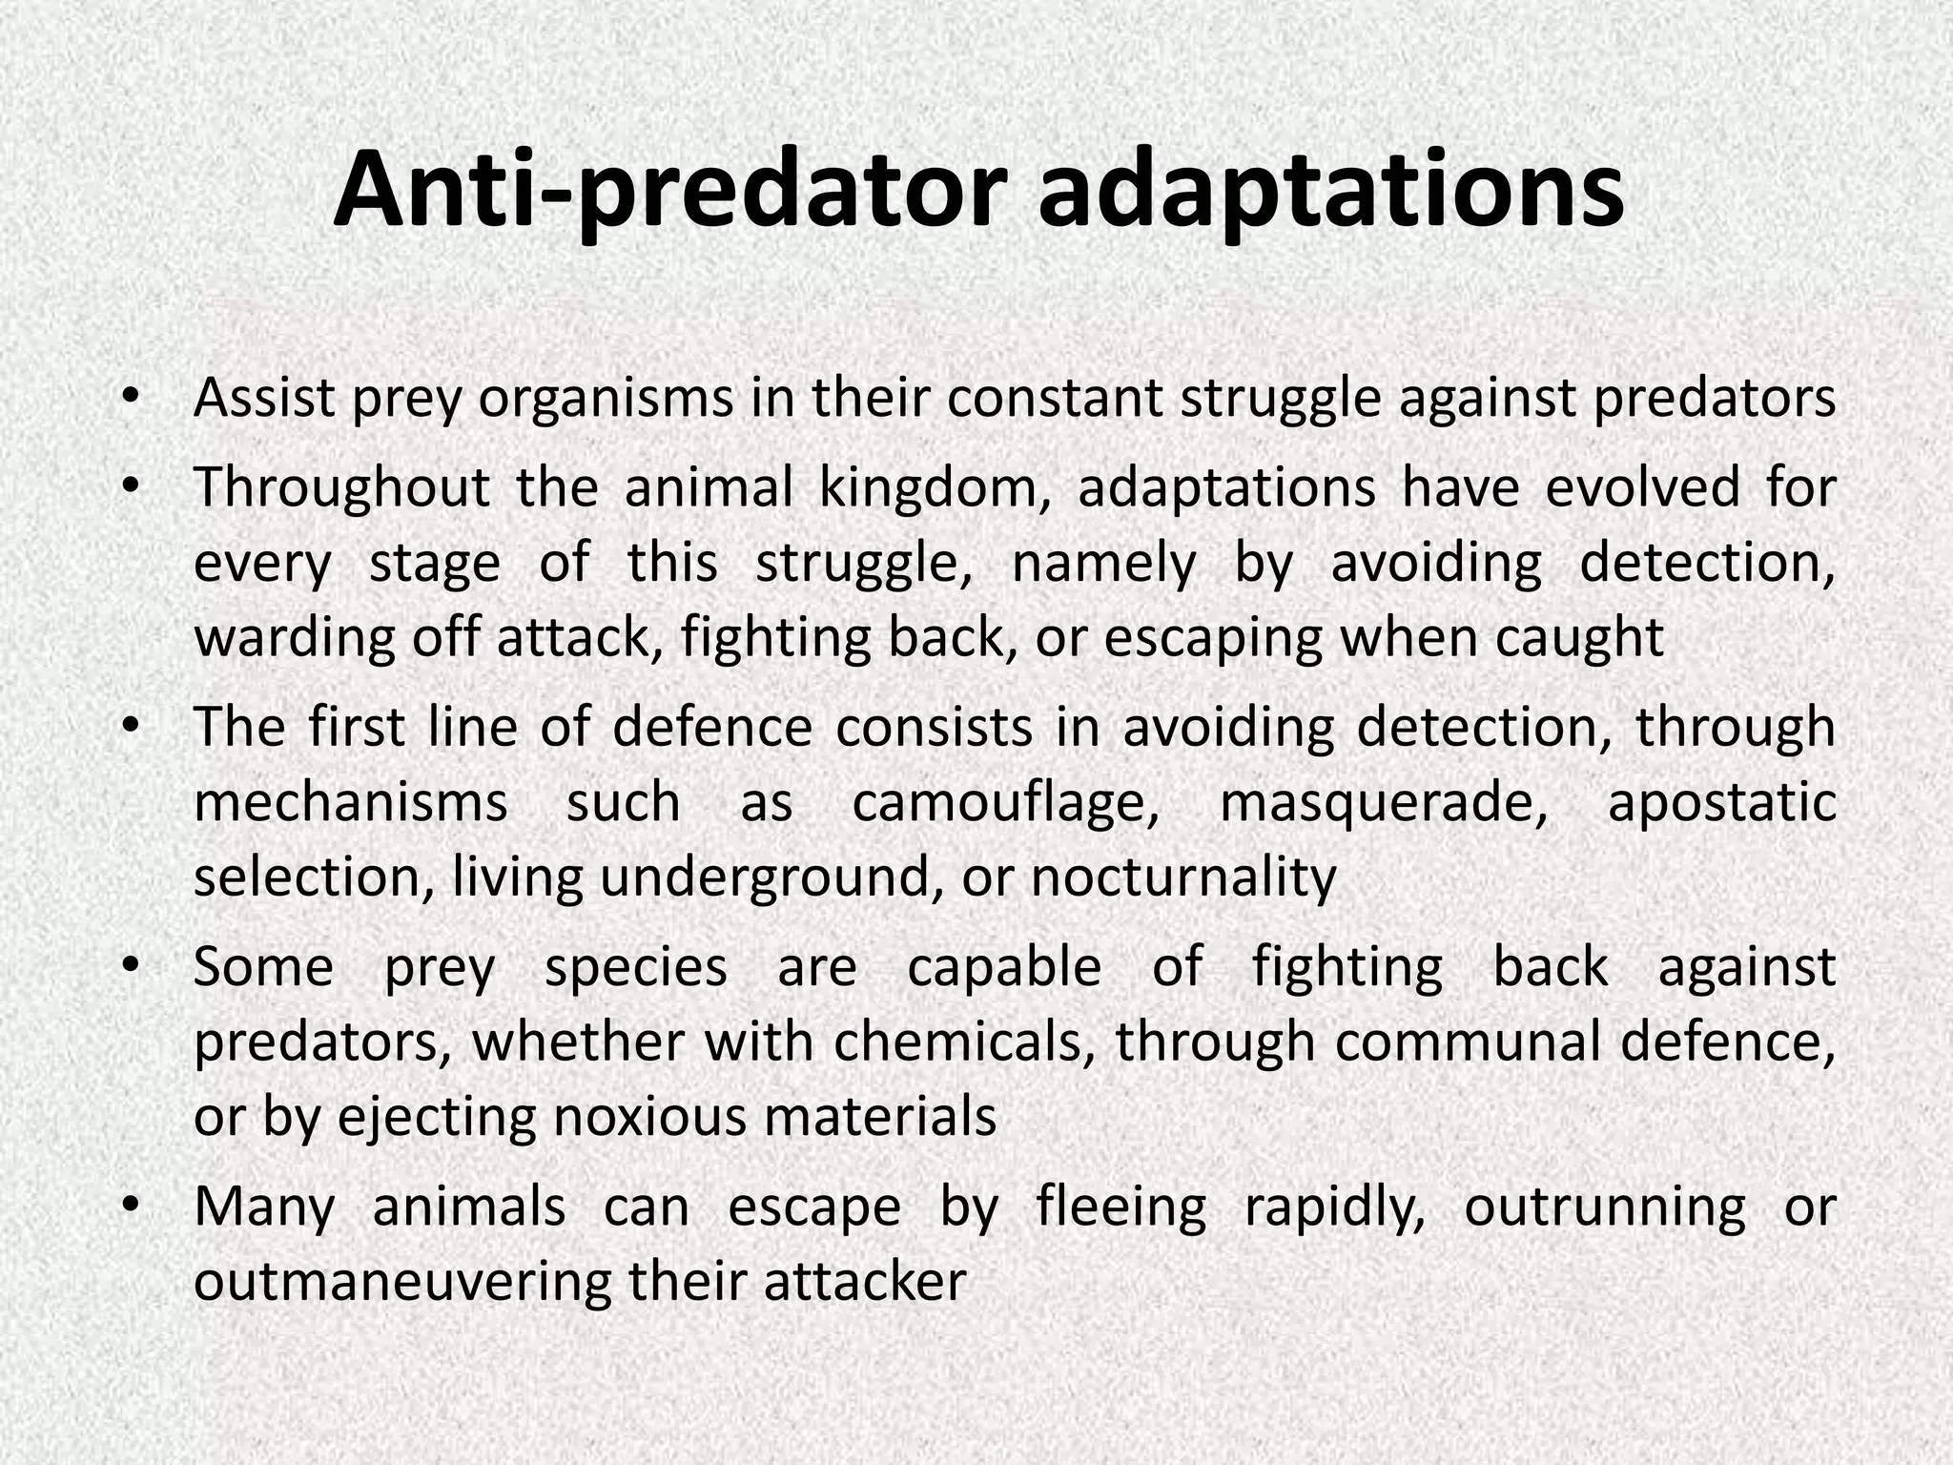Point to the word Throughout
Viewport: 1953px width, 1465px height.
coord(341,488)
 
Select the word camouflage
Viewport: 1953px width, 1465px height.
coord(1005,803)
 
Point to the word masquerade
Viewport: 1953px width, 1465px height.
coord(1384,803)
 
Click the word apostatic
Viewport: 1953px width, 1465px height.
coord(1722,803)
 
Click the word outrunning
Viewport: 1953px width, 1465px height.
coord(1605,1207)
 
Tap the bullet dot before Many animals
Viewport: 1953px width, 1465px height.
coord(131,1204)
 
